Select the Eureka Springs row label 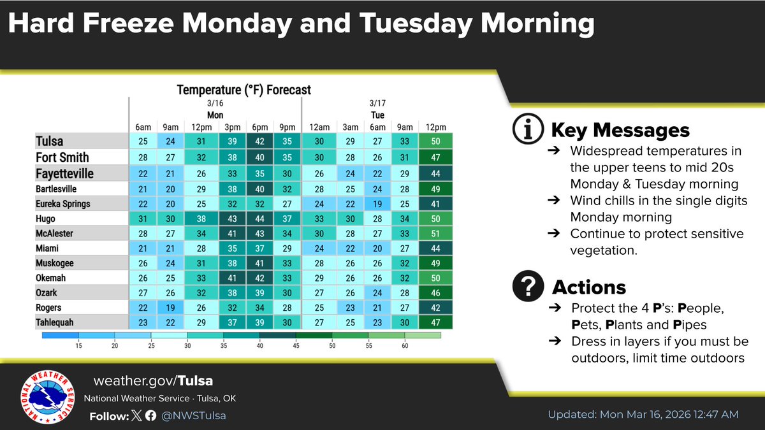click(63, 204)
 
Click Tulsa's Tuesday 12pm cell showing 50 click(436, 141)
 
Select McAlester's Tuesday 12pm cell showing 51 click(436, 233)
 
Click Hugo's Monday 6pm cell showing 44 click(259, 218)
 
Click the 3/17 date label click(377, 103)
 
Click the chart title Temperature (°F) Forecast click(244, 90)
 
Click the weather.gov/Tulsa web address click(153, 381)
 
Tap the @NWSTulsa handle click(194, 416)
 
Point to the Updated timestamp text click(643, 414)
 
